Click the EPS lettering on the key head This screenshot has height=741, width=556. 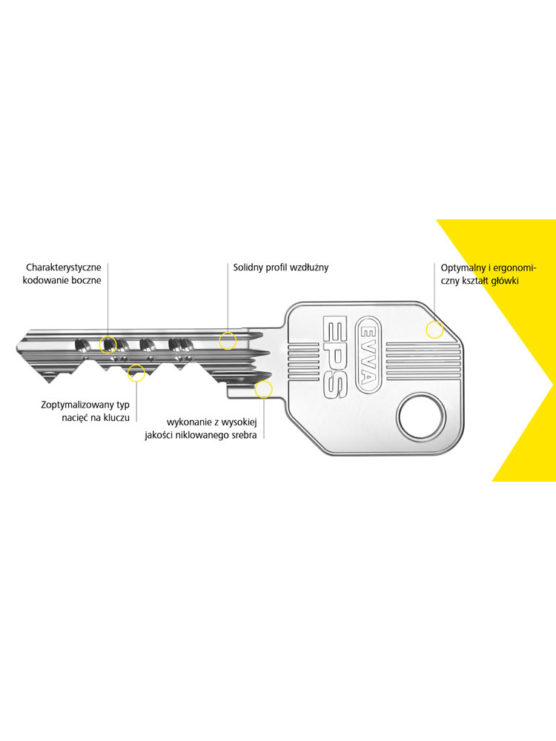point(336,356)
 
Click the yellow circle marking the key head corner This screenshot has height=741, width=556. point(434,330)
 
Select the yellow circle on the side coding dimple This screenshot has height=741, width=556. point(107,345)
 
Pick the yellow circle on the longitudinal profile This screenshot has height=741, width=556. point(228,341)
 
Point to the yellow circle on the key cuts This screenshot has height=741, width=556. point(136,373)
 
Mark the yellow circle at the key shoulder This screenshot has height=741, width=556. point(263,390)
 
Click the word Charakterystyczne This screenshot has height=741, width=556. point(63,268)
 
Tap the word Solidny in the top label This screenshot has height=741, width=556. point(248,268)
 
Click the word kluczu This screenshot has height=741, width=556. point(116,418)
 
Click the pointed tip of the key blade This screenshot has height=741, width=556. point(16,349)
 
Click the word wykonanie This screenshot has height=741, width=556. point(187,422)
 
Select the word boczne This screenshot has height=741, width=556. point(87,280)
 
